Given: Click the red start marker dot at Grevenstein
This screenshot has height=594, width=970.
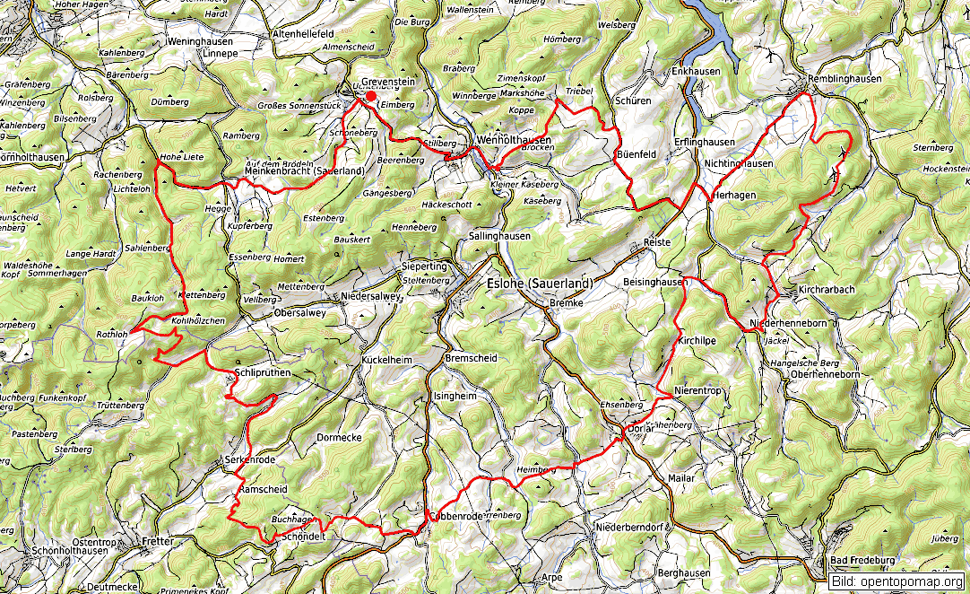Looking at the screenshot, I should (x=371, y=96).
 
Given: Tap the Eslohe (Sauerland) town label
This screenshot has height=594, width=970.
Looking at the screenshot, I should (x=539, y=283).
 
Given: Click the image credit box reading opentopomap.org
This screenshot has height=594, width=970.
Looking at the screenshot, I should (x=896, y=581).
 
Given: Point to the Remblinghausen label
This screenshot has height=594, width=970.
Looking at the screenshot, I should (x=844, y=79).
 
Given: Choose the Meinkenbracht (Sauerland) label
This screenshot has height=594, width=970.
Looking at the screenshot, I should (x=304, y=170).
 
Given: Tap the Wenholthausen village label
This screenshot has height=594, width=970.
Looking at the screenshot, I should (x=514, y=140).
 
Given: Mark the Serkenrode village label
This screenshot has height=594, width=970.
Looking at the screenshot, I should (x=250, y=460).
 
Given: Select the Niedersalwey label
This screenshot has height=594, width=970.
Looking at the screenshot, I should (x=370, y=296).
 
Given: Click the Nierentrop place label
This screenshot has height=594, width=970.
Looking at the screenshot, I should (x=697, y=390).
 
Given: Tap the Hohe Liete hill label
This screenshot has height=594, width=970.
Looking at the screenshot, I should (x=182, y=157).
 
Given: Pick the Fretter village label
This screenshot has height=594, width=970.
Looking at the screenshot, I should (x=157, y=542).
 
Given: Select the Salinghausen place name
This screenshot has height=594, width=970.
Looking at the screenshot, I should (x=499, y=236).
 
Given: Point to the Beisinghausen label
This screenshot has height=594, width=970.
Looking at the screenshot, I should (x=654, y=282).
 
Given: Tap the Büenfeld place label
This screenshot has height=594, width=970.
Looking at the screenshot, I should (x=637, y=154).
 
